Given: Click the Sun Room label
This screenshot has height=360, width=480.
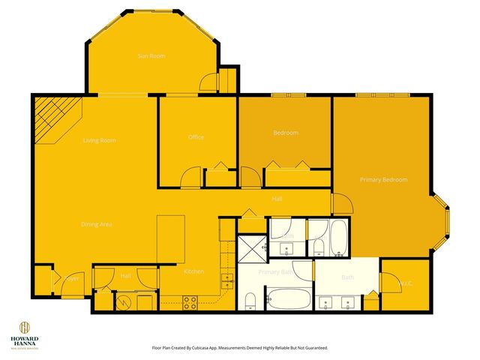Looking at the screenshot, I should coord(151,55).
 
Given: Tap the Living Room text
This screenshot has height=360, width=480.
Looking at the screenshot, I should coord(99,140).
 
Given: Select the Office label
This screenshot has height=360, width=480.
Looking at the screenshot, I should coord(196,137).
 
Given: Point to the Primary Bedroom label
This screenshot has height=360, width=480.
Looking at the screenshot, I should coord(383,180).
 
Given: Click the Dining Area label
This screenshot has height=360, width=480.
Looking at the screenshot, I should coord(97,223).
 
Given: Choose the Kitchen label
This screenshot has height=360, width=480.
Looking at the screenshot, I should coord(193,271).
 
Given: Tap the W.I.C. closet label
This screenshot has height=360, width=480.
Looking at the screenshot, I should coord(406,283).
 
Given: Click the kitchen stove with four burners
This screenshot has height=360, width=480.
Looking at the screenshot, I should coord(190,302).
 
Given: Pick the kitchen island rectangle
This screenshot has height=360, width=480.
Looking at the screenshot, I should coord(171,238).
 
